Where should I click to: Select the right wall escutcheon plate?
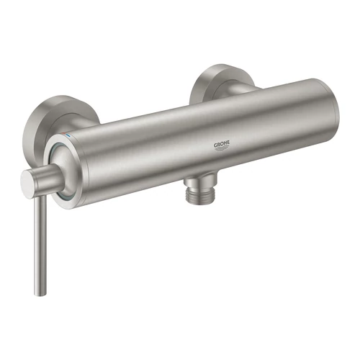[x=215, y=78]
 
